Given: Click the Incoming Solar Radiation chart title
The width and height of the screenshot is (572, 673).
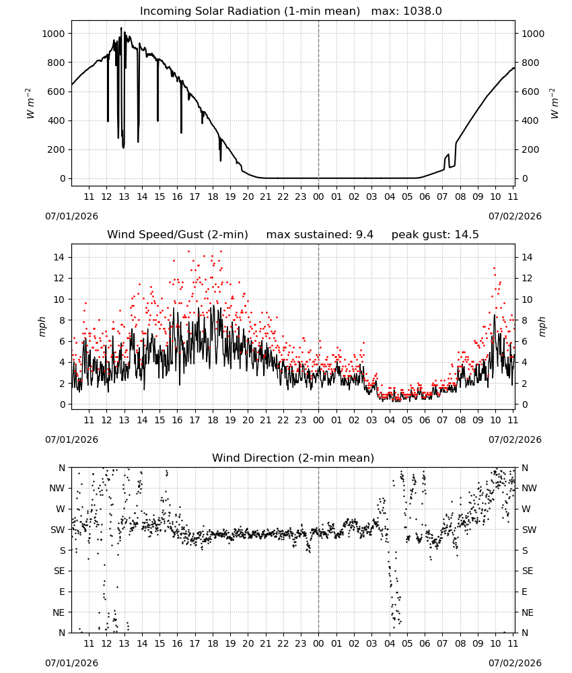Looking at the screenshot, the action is tap(250, 11).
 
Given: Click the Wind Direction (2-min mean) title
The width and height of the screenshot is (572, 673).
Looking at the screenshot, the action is tap(293, 458).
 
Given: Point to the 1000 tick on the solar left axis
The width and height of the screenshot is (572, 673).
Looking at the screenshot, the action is tap(53, 34).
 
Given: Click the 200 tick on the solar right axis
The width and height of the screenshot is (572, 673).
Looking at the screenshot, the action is tap(530, 149).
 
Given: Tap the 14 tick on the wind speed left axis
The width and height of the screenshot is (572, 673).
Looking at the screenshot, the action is tap(59, 257).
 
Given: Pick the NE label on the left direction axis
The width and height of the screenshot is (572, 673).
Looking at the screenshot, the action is tap(59, 612).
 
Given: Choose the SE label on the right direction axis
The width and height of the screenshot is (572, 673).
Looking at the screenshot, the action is tap(528, 571).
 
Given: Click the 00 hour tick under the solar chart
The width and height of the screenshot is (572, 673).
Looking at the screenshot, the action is tap(318, 197).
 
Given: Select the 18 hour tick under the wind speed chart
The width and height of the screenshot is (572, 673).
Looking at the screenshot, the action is tap(213, 420).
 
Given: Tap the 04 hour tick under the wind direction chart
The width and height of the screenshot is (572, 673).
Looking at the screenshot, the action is tap(389, 643).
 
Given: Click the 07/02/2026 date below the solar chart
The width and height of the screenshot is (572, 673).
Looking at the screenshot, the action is tap(515, 216).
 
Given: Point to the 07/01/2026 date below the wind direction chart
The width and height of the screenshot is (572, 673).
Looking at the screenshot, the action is tap(71, 663).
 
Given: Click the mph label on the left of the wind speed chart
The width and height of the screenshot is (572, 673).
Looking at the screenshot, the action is tap(42, 326).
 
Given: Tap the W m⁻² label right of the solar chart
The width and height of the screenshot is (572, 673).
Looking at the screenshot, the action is tap(554, 104).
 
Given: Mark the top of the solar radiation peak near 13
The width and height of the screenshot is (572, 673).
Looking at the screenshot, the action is tap(121, 28).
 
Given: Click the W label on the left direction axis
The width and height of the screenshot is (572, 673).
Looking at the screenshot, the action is tap(61, 509).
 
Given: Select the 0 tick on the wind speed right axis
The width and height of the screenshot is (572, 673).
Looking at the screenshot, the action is tap(524, 404).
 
